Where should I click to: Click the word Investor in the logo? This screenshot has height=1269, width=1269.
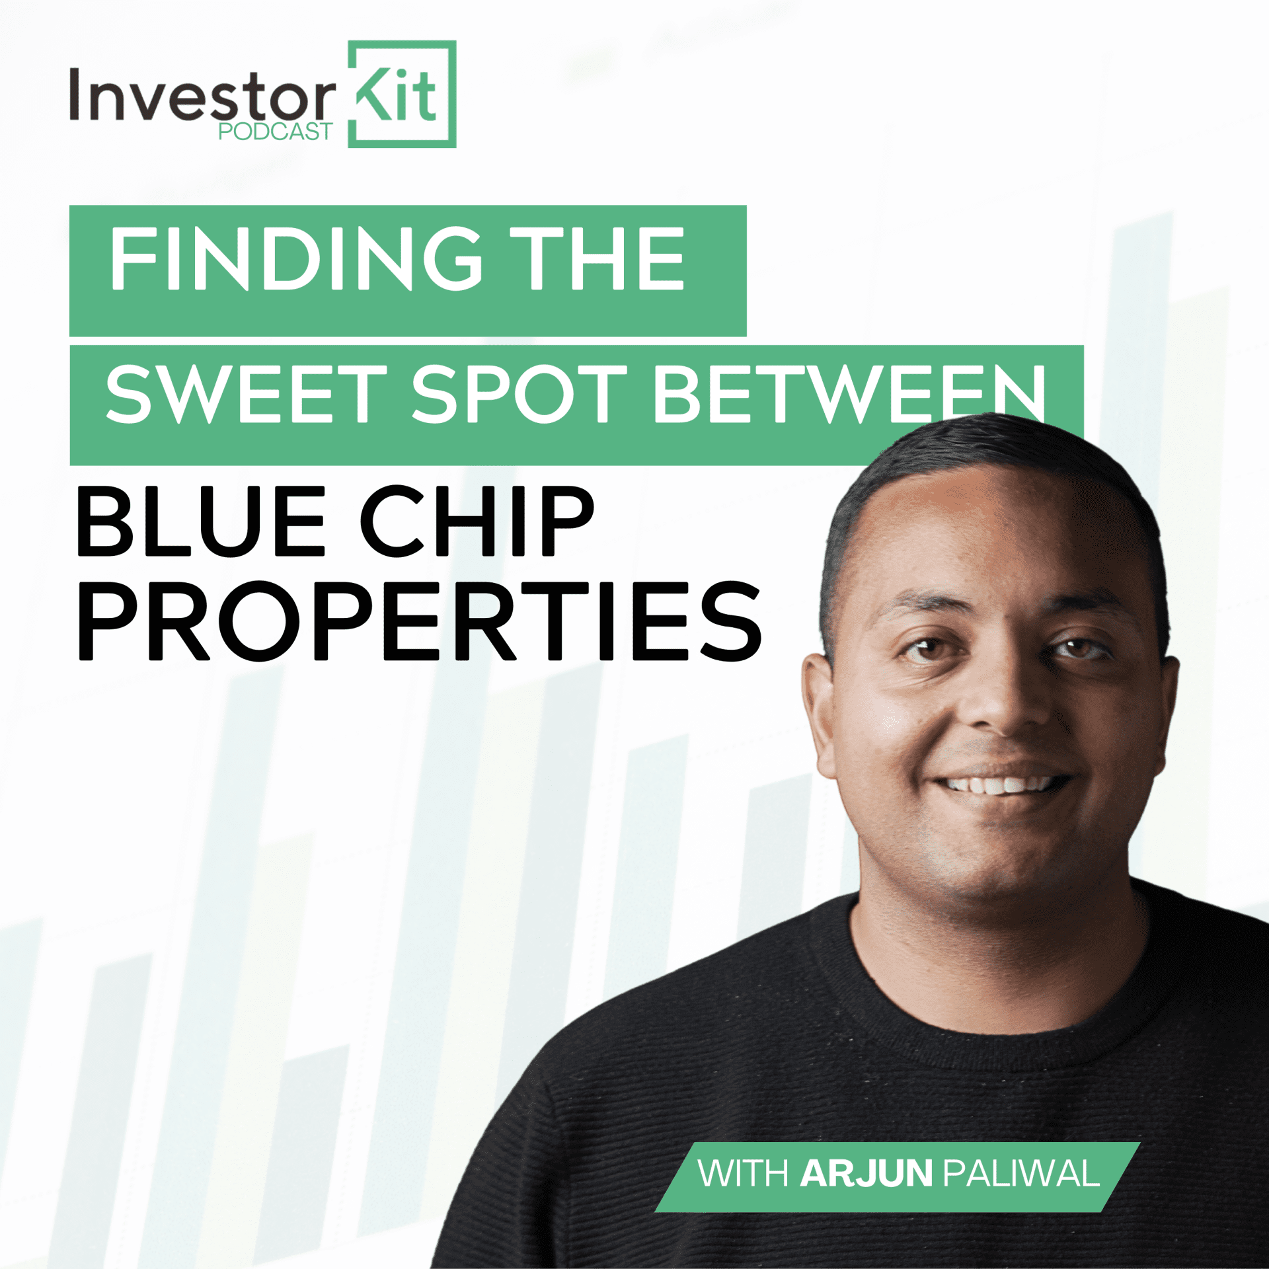[x=202, y=96]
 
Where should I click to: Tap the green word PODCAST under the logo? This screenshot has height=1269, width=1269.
[x=276, y=132]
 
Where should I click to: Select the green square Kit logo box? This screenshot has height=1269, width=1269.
[x=402, y=94]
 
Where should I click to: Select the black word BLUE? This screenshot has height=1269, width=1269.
[x=202, y=521]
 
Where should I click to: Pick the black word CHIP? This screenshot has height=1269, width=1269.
[x=477, y=521]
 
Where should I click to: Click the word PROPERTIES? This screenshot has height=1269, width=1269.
[x=420, y=621]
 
